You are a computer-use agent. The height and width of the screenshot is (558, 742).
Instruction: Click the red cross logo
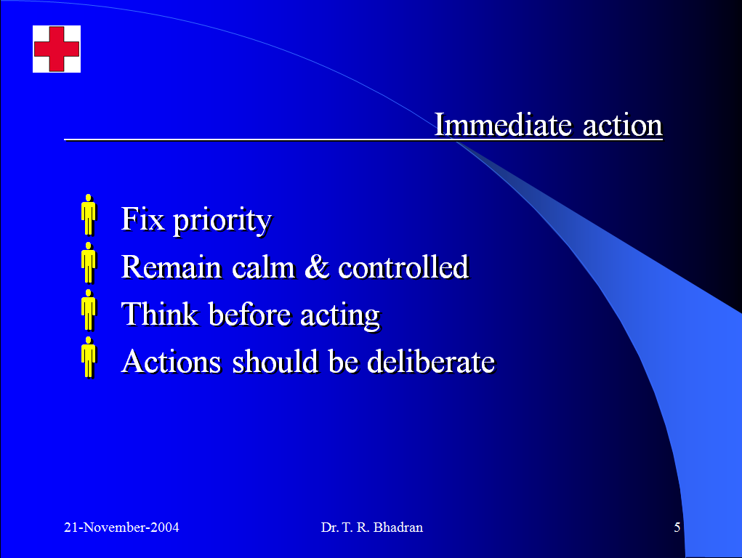point(56,49)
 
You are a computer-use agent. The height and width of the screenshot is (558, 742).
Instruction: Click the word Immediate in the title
point(503,125)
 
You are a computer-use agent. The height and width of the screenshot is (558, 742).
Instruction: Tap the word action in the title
point(622,126)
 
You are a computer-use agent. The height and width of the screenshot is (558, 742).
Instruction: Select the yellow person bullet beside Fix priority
point(89,215)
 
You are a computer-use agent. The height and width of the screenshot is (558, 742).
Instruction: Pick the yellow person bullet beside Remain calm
point(89,263)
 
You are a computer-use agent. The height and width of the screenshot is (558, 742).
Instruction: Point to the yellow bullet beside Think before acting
point(89,310)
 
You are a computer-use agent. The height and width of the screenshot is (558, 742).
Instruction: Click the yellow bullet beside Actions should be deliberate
point(89,357)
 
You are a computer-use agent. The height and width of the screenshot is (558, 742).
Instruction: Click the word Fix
point(143,219)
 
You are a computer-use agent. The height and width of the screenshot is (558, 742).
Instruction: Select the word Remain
point(172,267)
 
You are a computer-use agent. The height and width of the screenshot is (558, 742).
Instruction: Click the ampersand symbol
point(317,267)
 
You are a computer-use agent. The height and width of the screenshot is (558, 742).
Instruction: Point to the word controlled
point(403,267)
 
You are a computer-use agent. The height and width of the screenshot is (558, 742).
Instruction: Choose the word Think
point(159,314)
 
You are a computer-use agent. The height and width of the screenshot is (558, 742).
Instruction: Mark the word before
point(249,314)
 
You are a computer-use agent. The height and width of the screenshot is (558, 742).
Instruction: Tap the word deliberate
point(431,361)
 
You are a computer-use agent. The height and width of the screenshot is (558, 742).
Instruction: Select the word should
point(275,361)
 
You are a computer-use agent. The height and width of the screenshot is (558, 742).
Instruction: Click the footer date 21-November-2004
point(121,527)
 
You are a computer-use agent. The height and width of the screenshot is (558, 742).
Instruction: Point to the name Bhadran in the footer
point(398,527)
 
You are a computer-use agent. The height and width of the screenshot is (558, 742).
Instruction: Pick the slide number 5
point(677,527)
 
